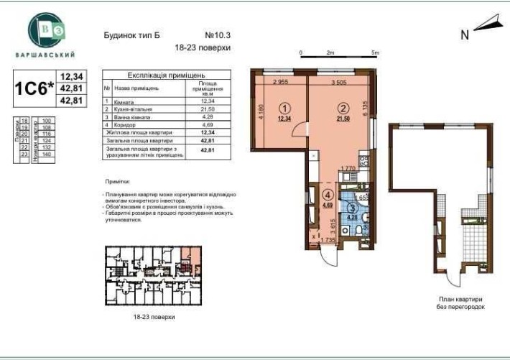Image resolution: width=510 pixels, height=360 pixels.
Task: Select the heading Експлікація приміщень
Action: pos(167,75)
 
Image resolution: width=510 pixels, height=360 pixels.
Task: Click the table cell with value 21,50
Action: pos(208,109)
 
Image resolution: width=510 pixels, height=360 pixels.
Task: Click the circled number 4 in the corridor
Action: pos(328,195)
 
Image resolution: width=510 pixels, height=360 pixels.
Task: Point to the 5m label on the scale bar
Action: pos(375,52)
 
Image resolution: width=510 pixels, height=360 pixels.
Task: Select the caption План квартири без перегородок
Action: pos(461,302)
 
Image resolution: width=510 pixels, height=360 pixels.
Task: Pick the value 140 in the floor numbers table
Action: pos(49,154)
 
